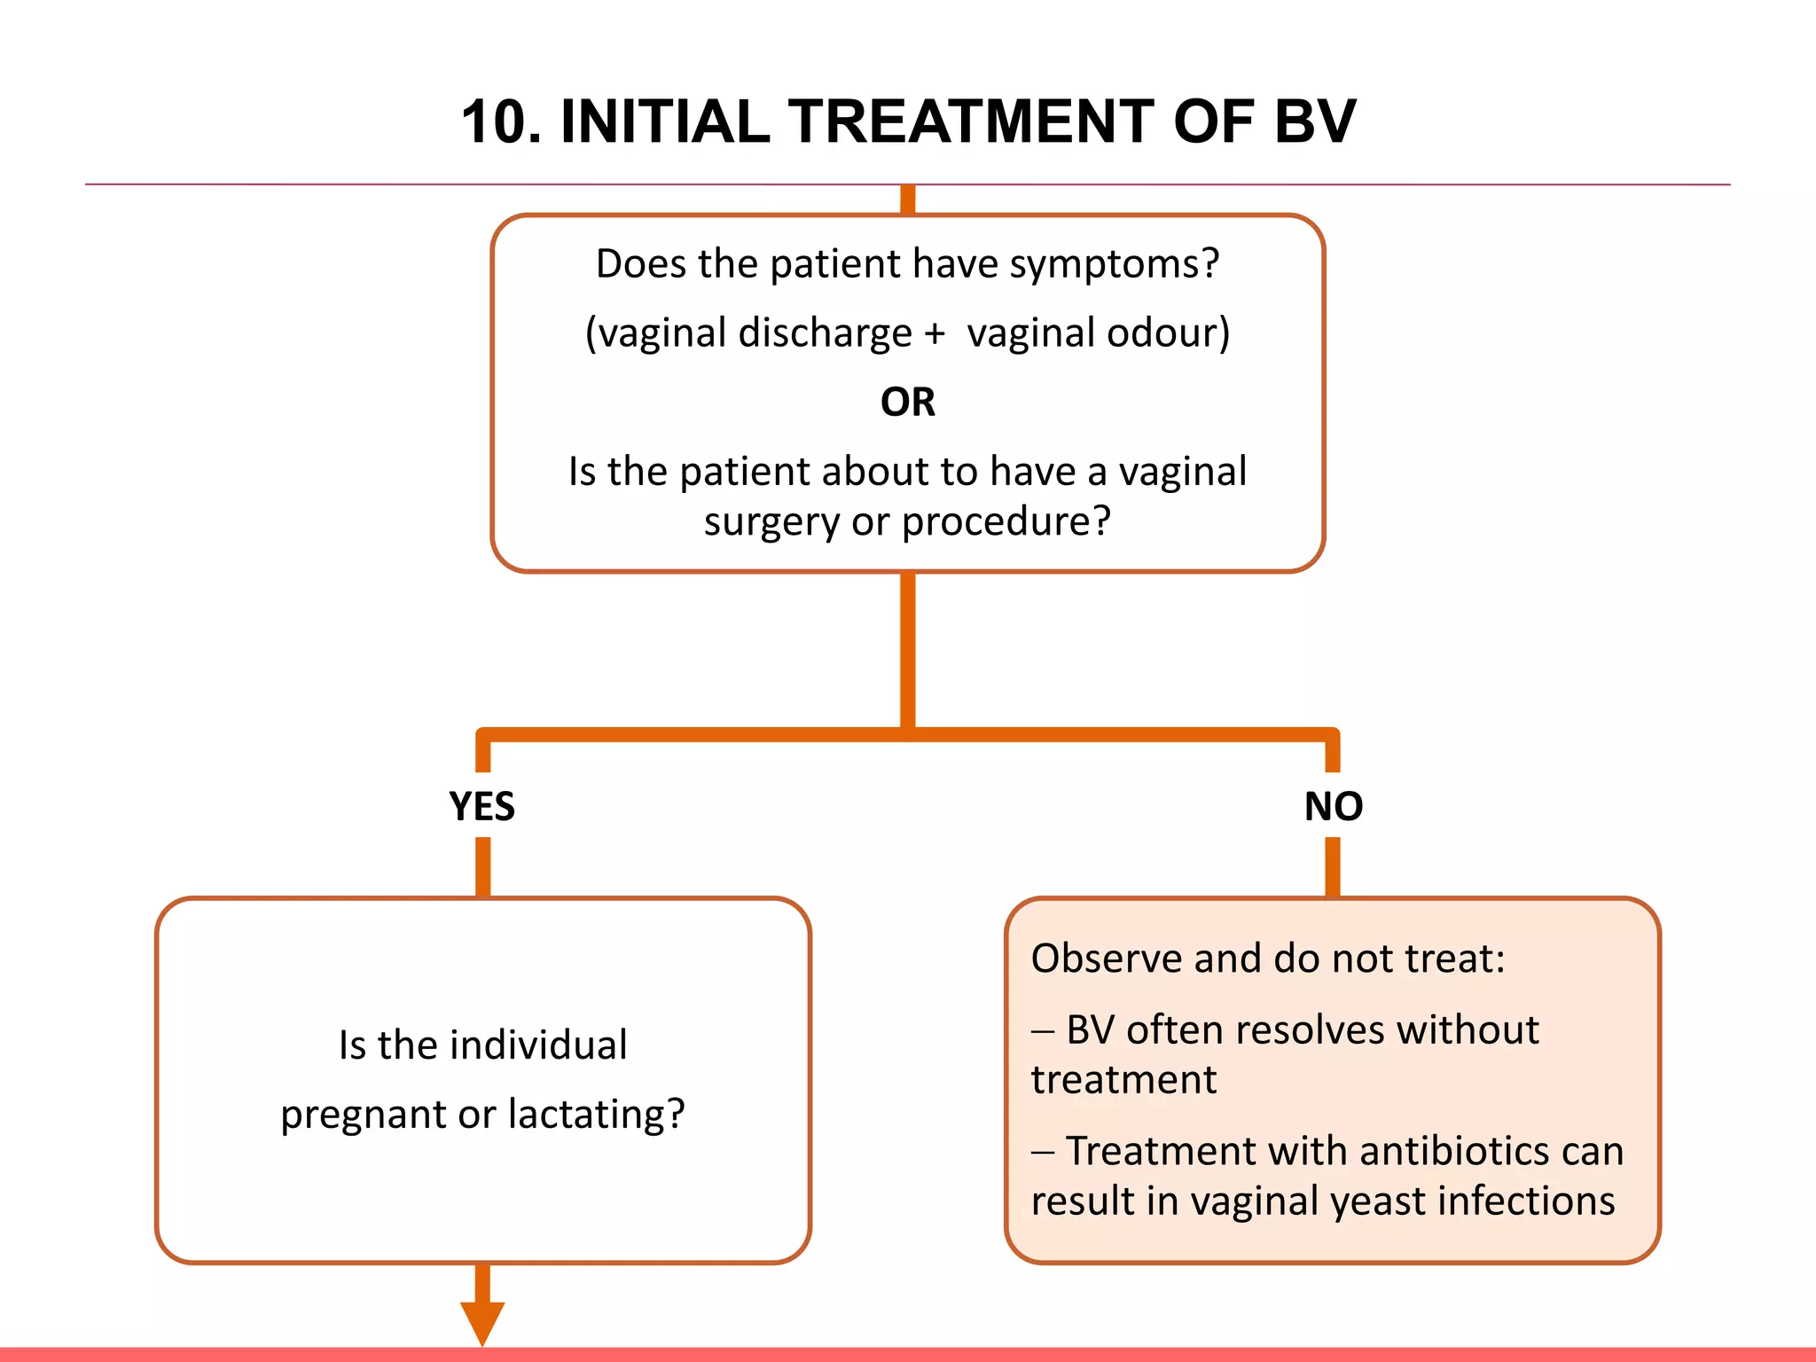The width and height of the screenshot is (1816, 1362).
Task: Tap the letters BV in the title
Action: pos(1313,121)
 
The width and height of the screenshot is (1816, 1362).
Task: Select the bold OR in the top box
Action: pos(907,403)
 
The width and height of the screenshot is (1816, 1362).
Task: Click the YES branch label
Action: pos(481,806)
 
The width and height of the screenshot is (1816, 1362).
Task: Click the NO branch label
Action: pos(1333,806)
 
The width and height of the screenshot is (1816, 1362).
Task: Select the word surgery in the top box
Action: pos(771,522)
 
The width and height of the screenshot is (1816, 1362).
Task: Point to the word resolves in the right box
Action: pos(1310,1030)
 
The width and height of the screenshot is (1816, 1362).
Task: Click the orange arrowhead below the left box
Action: pos(481,1321)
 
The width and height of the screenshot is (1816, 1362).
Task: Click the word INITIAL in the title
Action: pos(666,121)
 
